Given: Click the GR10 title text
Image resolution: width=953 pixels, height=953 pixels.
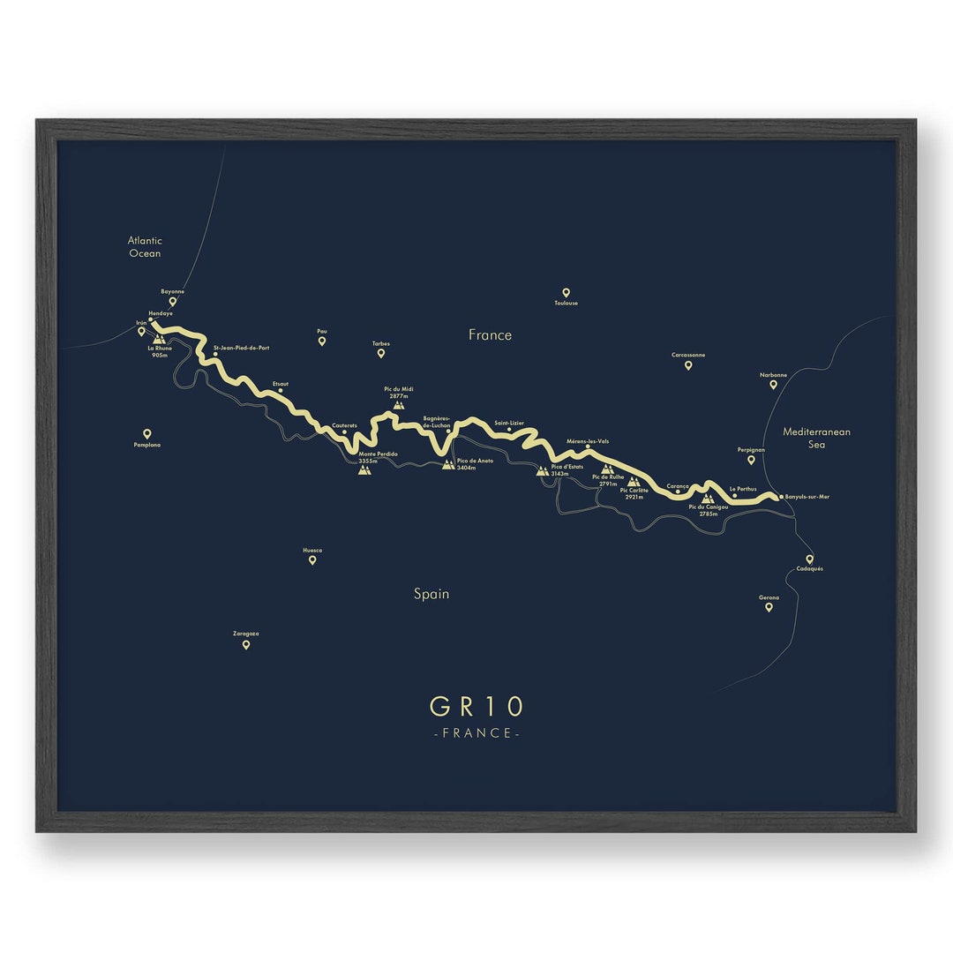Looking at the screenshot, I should click(476, 707).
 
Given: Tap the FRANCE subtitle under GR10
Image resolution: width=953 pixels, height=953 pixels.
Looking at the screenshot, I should click(476, 733).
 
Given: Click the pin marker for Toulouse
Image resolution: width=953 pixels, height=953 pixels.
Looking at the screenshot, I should click(566, 292).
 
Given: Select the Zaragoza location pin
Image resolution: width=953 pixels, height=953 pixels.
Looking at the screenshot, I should click(246, 644).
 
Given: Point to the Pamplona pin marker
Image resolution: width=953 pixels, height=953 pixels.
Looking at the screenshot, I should click(147, 433).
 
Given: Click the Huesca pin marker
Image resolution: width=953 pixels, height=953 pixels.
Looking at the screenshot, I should click(312, 559).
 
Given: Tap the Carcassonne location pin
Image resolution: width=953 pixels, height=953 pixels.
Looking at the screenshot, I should click(688, 364).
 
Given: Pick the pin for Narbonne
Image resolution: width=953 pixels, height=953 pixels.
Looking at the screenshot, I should click(773, 384).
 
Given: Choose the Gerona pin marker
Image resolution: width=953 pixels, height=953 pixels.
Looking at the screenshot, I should click(769, 606).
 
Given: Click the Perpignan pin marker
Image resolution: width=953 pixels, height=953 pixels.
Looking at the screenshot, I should click(751, 459).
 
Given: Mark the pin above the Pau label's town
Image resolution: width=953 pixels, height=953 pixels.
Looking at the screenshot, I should click(322, 341).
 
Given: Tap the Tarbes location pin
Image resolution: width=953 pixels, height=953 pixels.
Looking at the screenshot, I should click(381, 353).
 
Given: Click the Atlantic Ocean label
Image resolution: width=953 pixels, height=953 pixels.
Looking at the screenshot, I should click(145, 247).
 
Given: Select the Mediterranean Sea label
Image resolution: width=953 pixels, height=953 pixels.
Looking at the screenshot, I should click(816, 439).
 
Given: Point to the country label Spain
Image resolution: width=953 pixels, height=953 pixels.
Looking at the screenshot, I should click(431, 594).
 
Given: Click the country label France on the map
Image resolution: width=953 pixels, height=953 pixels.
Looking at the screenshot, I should click(490, 335).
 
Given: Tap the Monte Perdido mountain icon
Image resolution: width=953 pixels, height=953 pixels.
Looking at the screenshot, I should click(364, 469).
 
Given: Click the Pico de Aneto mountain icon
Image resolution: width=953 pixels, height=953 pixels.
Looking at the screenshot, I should click(448, 464).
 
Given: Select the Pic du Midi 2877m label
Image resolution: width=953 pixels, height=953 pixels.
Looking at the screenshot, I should click(399, 393).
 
